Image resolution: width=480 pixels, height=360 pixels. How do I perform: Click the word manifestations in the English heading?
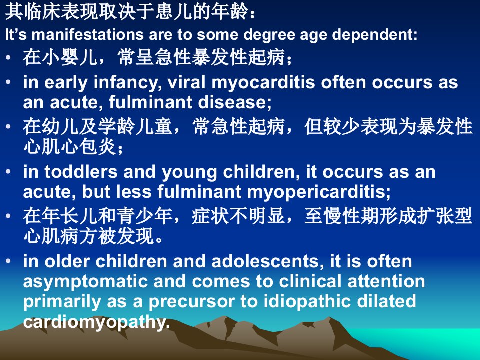pos(88,34)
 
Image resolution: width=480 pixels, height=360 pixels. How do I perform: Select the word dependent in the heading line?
pos(374,35)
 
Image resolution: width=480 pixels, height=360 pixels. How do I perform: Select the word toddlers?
pos(81,172)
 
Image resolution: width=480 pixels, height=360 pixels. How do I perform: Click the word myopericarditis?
pos(318,192)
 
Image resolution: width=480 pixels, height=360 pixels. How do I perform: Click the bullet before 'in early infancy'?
pos(8,82)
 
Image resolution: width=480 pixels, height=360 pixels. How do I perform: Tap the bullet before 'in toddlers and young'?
pos(8,171)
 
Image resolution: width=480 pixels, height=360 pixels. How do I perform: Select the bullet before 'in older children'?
pos(8,261)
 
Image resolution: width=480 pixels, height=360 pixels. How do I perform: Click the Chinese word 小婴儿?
pos(70,57)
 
